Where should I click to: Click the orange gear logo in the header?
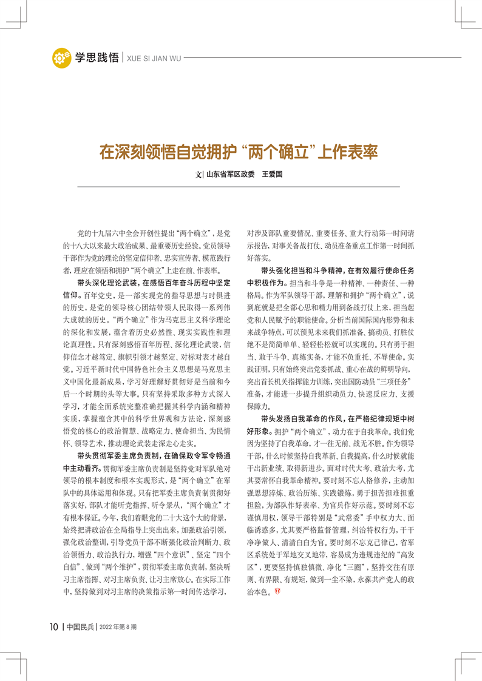[x=61, y=59]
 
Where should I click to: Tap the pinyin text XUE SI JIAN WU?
[x=152, y=59]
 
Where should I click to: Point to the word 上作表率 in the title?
[x=347, y=150]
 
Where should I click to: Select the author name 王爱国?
[x=273, y=174]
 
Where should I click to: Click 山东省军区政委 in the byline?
[x=231, y=174]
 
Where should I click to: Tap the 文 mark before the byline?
[x=199, y=174]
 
